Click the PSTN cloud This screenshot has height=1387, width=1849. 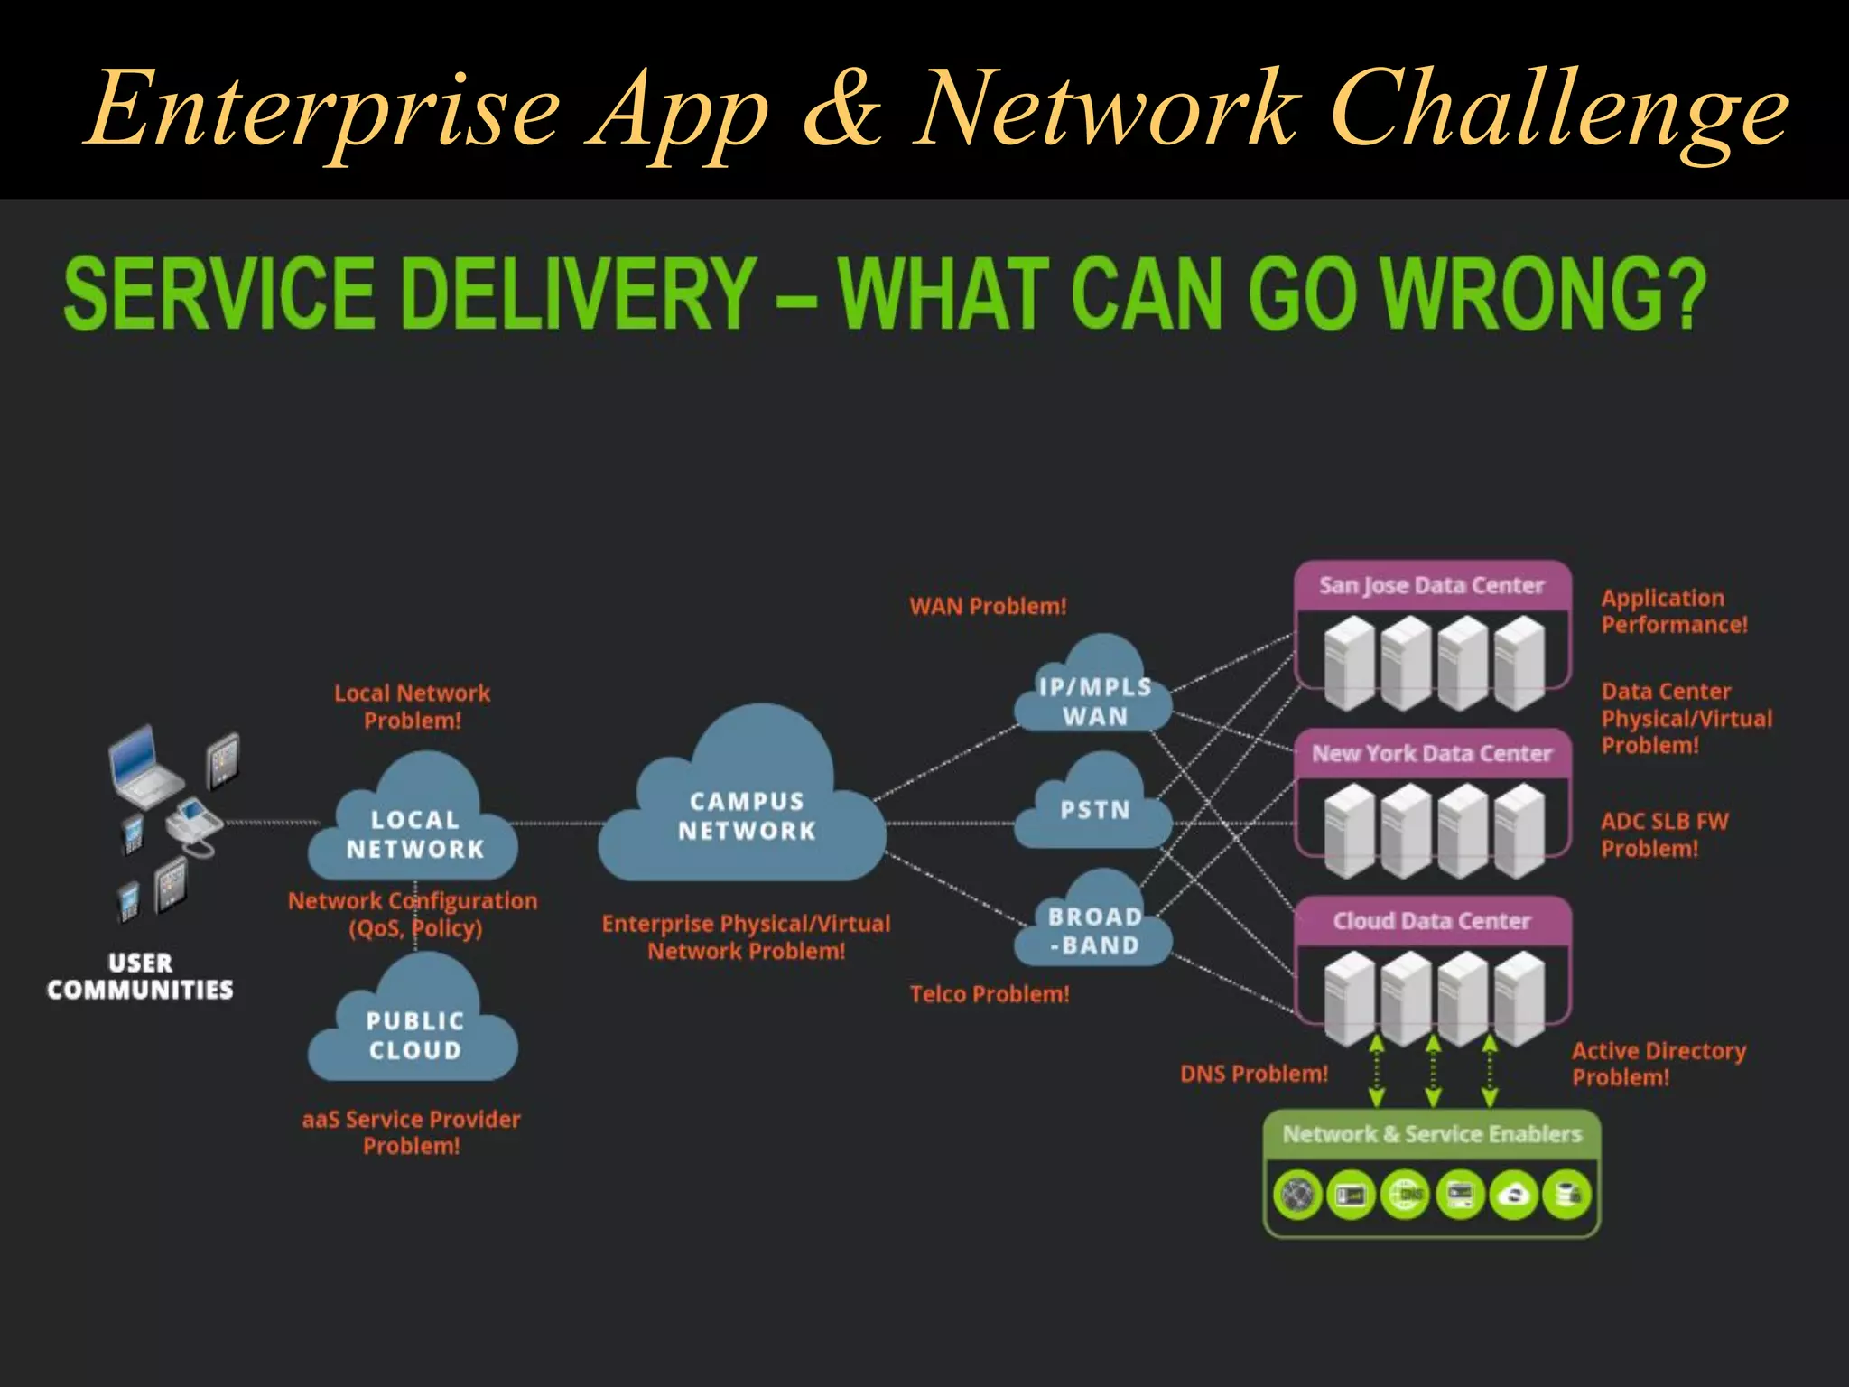(x=1094, y=809)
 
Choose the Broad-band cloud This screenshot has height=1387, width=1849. (x=1094, y=930)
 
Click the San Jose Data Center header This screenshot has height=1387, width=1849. (x=1432, y=586)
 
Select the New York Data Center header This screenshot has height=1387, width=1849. (x=1432, y=753)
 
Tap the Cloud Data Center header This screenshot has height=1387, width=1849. (x=1432, y=921)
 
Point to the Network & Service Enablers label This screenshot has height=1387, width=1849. (x=1432, y=1134)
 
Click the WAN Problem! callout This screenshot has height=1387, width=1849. (x=988, y=606)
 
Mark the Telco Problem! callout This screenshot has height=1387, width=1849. (x=990, y=994)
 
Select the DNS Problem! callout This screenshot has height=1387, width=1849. (x=1254, y=1074)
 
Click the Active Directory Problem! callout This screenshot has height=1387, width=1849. (x=1659, y=1064)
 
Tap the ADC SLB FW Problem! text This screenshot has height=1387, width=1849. (x=1664, y=834)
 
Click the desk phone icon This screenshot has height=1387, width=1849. (x=193, y=825)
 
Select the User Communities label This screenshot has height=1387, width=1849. (x=140, y=976)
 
